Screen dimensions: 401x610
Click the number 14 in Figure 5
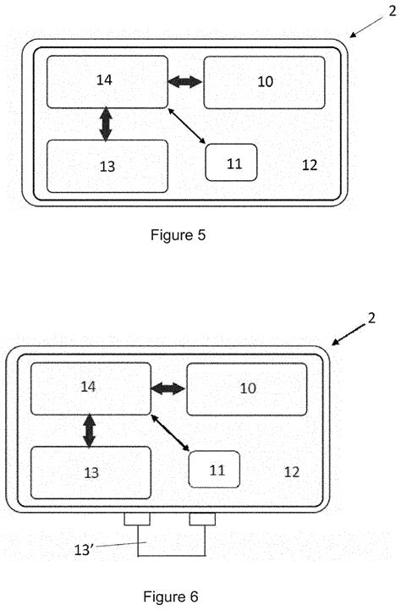coord(104,80)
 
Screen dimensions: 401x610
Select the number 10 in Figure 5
coord(266,82)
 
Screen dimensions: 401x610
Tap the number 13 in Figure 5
coord(107,167)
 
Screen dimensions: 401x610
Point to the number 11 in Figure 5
coord(234,164)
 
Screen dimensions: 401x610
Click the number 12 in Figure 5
coord(310,165)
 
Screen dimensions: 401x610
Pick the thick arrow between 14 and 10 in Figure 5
coord(185,82)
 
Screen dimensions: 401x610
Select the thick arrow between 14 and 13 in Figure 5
coord(106,124)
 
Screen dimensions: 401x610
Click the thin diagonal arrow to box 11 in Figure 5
coord(187,126)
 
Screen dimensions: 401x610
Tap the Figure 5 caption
coord(178,235)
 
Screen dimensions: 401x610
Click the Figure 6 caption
coord(171,596)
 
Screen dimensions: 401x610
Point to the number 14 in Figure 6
coord(88,387)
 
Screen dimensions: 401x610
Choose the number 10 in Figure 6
coord(248,388)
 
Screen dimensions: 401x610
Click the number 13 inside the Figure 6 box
coord(91,473)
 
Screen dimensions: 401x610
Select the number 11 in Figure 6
coord(217,470)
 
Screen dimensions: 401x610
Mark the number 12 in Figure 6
coord(292,472)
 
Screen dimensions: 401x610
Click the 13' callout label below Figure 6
coord(84,550)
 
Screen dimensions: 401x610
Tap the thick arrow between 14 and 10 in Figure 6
coord(168,388)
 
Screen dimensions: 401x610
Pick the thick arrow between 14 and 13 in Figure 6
coord(90,431)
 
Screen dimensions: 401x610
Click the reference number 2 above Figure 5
coord(392,11)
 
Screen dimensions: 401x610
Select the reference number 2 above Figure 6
coord(371,318)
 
